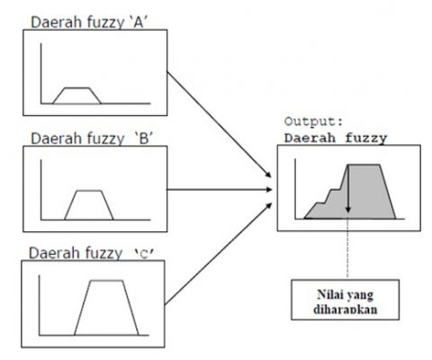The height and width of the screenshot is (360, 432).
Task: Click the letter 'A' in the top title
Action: (138, 22)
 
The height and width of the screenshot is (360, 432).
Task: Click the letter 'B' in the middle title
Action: (144, 139)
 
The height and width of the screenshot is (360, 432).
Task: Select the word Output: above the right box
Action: (313, 121)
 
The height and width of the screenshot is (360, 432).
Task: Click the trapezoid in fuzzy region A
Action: (76, 95)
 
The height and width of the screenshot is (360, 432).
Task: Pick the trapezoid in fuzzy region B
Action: (89, 205)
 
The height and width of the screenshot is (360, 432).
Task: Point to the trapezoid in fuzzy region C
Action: (106, 308)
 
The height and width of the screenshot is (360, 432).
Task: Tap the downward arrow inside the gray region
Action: (348, 189)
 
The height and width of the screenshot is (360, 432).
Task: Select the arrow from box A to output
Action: (219, 124)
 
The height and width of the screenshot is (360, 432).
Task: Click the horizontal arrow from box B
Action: (220, 190)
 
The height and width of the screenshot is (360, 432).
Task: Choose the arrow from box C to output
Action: (219, 254)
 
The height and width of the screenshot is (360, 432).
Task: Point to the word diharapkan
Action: (346, 310)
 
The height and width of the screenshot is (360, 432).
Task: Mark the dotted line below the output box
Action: (348, 247)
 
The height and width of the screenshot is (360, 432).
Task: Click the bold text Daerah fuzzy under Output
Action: (336, 139)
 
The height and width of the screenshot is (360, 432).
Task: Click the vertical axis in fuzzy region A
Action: (41, 74)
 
